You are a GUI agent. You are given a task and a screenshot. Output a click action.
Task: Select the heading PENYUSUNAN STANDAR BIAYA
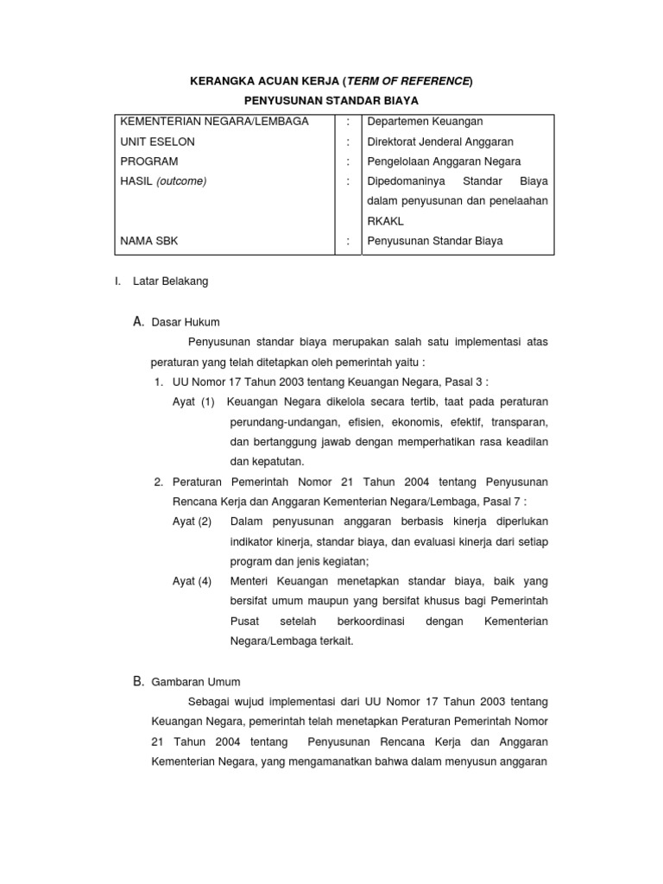pyautogui.click(x=331, y=101)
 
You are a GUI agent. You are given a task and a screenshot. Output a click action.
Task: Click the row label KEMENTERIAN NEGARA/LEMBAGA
pyautogui.click(x=213, y=122)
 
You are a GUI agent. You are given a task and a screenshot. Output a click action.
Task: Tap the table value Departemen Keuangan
pyautogui.click(x=425, y=122)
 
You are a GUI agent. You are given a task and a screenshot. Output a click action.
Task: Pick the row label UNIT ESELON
pyautogui.click(x=157, y=142)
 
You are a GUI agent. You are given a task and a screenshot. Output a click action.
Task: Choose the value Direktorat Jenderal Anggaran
pyautogui.click(x=440, y=142)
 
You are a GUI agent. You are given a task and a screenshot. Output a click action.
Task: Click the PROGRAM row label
pyautogui.click(x=149, y=161)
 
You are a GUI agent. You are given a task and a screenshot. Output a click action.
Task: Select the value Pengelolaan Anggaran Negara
pyautogui.click(x=444, y=161)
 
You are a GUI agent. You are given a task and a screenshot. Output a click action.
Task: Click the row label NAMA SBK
pyautogui.click(x=149, y=241)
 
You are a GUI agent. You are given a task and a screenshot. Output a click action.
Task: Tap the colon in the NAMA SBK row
pyautogui.click(x=348, y=241)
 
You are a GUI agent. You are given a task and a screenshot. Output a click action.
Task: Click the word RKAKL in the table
pyautogui.click(x=385, y=221)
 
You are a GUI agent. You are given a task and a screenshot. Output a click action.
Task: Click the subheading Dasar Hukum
pyautogui.click(x=186, y=322)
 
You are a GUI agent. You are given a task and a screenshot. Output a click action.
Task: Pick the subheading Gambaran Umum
pyautogui.click(x=196, y=681)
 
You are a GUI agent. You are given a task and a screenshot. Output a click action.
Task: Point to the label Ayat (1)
pyautogui.click(x=193, y=402)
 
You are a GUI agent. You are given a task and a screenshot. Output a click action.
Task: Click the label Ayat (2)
pyautogui.click(x=192, y=521)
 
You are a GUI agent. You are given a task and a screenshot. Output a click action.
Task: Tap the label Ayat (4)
pyautogui.click(x=192, y=581)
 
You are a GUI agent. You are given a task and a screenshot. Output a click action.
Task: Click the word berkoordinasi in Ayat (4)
pyautogui.click(x=365, y=622)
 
